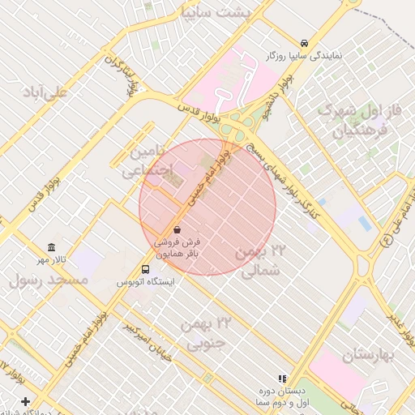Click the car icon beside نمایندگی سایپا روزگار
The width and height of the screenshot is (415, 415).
coord(303,43)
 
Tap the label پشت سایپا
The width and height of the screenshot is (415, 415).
coord(230,11)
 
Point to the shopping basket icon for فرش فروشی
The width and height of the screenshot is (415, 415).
coord(178,229)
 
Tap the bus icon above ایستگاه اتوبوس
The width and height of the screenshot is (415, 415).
coord(145,269)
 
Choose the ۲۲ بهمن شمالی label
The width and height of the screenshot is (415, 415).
coord(261,262)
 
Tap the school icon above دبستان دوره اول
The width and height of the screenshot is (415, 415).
coord(283,379)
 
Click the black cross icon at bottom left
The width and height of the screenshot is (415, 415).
coord(25,401)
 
